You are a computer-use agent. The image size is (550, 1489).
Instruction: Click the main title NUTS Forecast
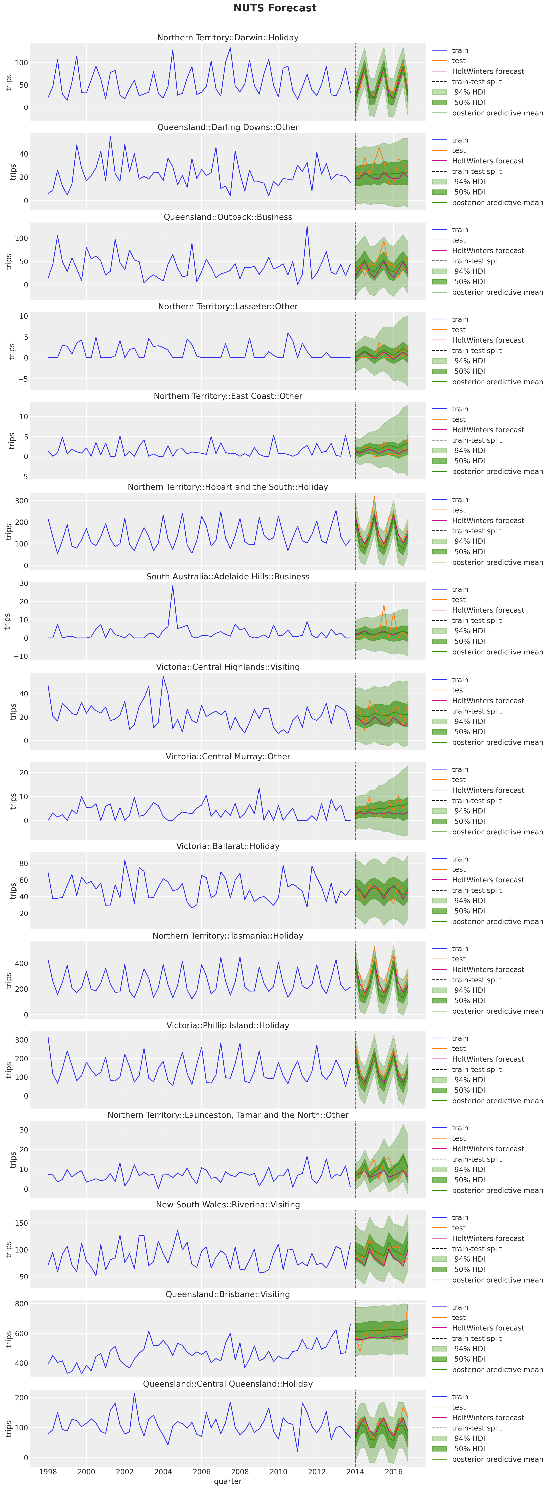click(275, 8)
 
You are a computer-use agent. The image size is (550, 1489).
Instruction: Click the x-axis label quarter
click(228, 1481)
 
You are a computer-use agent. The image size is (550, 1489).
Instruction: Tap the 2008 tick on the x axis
click(240, 1471)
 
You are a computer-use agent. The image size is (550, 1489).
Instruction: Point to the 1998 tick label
click(48, 1471)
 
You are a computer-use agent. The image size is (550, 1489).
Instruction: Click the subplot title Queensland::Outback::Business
click(228, 217)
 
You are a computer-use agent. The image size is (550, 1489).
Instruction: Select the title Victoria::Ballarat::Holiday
click(228, 846)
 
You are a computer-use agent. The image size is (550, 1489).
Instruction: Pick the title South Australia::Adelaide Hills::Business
click(228, 576)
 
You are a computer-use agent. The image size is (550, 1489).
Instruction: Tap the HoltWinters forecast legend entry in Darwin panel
click(488, 71)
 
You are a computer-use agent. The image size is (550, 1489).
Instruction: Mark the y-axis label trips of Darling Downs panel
click(13, 172)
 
